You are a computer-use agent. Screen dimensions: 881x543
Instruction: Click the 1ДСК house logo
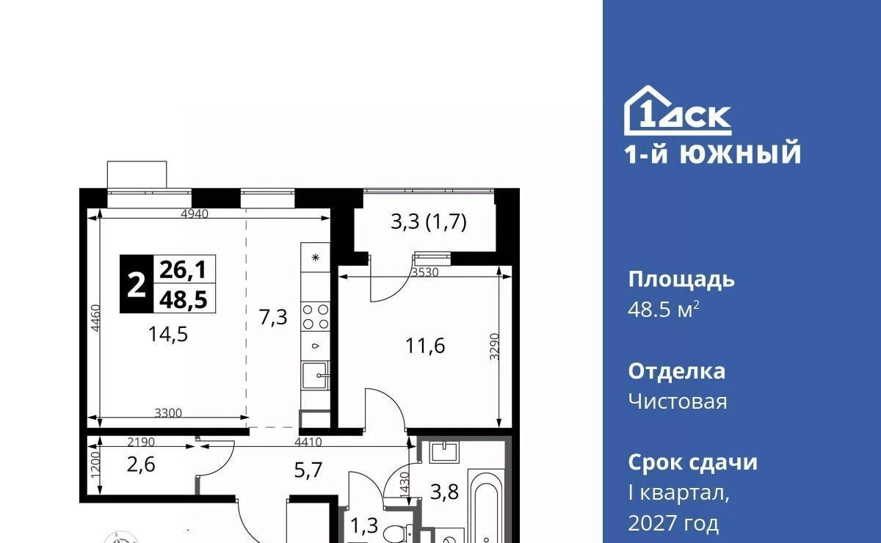point(678,111)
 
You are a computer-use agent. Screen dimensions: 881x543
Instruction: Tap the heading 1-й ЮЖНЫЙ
point(713,153)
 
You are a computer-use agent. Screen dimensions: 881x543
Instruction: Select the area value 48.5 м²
point(664,310)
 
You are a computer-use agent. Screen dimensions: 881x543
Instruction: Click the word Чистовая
point(678,402)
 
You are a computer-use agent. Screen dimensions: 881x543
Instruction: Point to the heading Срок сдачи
point(692,463)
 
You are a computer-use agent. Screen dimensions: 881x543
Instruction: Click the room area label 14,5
point(168,335)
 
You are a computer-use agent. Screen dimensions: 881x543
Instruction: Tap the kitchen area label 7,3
point(273,317)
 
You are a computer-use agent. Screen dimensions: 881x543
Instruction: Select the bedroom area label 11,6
point(425,346)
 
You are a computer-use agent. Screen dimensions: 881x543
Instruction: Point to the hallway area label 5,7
point(308,470)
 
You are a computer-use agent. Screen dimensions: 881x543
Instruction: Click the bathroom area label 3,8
point(444,492)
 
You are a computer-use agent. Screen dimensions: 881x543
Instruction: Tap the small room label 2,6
point(141,464)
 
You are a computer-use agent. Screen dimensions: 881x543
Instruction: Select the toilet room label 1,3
point(364,525)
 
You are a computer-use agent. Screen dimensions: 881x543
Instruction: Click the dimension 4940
point(195,214)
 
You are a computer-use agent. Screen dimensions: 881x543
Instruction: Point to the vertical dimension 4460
point(95,318)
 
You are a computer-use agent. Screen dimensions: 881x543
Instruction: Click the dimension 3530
point(425,272)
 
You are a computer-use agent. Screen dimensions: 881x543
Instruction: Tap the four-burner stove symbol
point(316,316)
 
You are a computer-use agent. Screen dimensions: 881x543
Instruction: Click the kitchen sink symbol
point(315,375)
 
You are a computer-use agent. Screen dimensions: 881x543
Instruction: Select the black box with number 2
point(137,284)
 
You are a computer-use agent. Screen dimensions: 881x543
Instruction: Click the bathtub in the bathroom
point(486,506)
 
